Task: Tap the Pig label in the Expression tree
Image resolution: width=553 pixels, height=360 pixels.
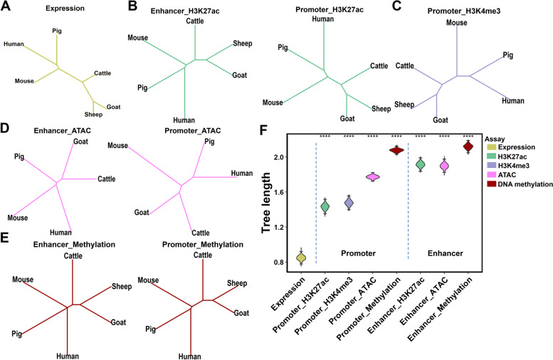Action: pos(57,31)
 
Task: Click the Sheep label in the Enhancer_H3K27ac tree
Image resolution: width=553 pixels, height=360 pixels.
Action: pos(243,45)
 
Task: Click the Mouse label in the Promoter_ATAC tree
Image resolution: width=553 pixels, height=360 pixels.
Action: pos(117,146)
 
